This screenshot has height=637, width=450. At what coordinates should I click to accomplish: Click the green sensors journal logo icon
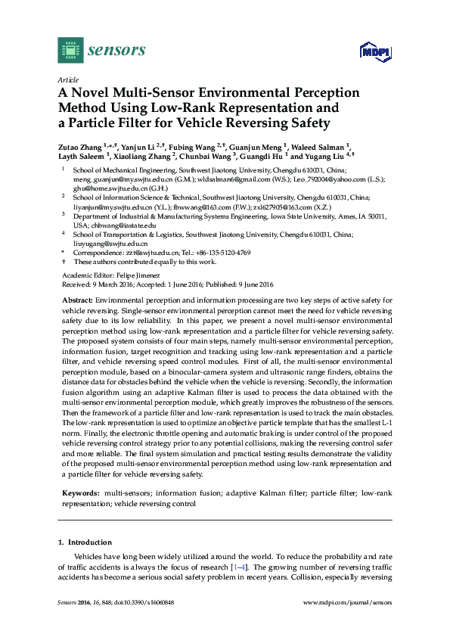70,50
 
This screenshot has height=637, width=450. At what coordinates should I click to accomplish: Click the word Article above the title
68,79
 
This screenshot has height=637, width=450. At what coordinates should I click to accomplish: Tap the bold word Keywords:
81,492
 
